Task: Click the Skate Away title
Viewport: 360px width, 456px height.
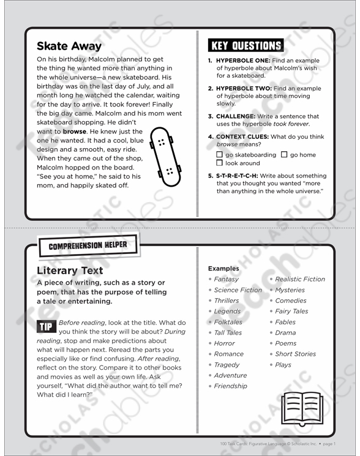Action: (x=69, y=46)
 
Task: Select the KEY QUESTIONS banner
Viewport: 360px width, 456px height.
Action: (x=246, y=45)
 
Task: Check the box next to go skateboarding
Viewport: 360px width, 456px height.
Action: (x=220, y=155)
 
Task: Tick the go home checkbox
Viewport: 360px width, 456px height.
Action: (x=284, y=155)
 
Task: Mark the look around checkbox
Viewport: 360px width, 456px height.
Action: (x=220, y=163)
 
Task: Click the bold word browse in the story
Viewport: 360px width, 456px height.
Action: (x=75, y=132)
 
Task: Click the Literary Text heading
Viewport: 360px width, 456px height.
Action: (x=70, y=271)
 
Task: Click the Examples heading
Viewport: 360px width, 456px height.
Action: (x=223, y=269)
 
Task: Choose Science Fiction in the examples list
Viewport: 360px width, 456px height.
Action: (x=238, y=290)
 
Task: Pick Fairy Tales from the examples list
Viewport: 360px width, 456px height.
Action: (x=291, y=312)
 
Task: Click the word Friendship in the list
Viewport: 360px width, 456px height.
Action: (x=230, y=386)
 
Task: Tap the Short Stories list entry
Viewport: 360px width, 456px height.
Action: (x=295, y=354)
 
